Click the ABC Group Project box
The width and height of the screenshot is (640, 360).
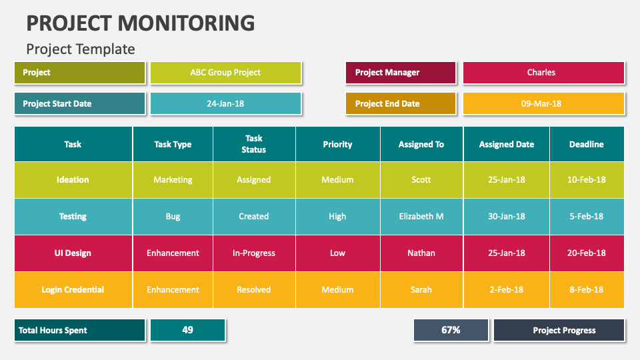(x=226, y=73)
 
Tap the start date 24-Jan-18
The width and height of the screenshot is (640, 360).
(x=226, y=104)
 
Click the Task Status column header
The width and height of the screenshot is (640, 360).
(x=254, y=144)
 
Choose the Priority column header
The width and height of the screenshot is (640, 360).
(x=337, y=144)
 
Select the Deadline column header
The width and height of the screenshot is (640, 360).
(x=587, y=144)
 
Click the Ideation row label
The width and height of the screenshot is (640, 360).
(x=73, y=180)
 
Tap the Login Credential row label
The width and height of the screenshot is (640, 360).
(x=73, y=290)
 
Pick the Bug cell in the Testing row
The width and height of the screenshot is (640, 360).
(x=173, y=217)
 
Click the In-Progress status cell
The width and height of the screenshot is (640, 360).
(x=254, y=253)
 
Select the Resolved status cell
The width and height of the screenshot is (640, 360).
(x=254, y=290)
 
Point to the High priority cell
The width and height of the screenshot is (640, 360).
(x=337, y=217)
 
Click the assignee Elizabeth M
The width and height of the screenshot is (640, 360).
(x=421, y=217)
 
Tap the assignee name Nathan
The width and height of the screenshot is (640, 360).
(x=421, y=253)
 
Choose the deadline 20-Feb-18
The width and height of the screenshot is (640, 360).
(x=587, y=253)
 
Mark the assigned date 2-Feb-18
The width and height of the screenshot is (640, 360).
(x=507, y=290)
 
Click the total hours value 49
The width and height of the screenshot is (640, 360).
(x=188, y=330)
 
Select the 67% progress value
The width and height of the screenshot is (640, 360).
(x=451, y=330)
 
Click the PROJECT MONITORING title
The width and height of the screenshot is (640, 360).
(x=141, y=23)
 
